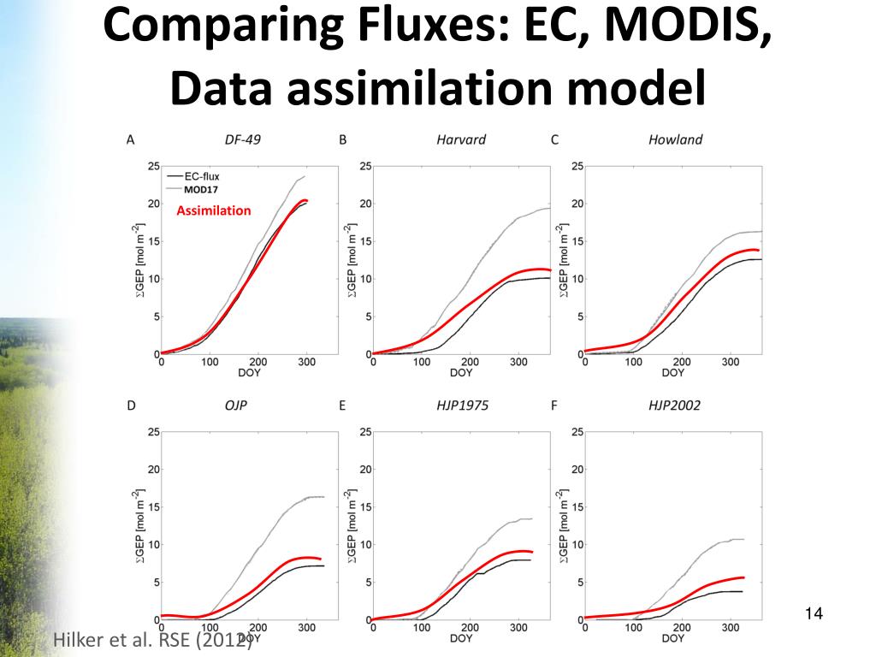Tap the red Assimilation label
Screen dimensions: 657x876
point(214,210)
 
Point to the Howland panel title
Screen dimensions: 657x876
point(675,139)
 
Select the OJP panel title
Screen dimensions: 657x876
point(235,405)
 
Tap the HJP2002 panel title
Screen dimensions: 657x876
point(674,405)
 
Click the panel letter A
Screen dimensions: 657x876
point(130,139)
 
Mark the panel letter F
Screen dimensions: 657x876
point(554,405)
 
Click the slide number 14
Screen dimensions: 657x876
point(814,613)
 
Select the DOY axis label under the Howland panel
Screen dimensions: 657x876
point(673,373)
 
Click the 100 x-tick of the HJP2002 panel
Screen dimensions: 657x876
point(633,628)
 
